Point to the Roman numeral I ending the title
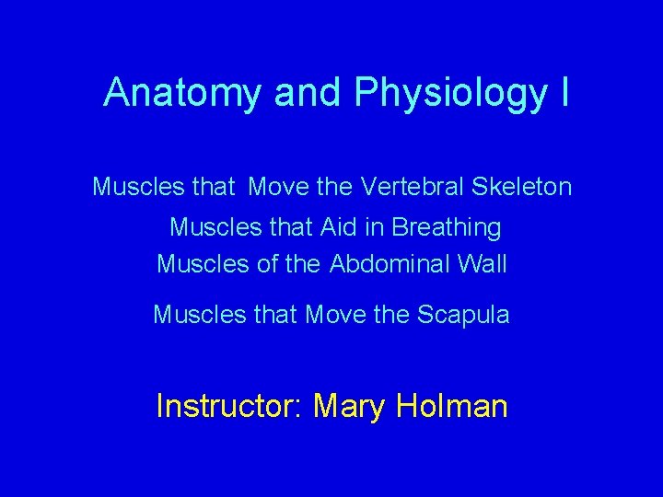pyautogui.click(x=563, y=92)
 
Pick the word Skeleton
pyautogui.click(x=522, y=188)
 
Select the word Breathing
pyautogui.click(x=447, y=227)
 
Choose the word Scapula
pyautogui.click(x=463, y=315)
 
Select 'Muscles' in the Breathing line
pyautogui.click(x=209, y=226)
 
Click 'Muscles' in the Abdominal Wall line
pyautogui.click(x=196, y=264)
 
